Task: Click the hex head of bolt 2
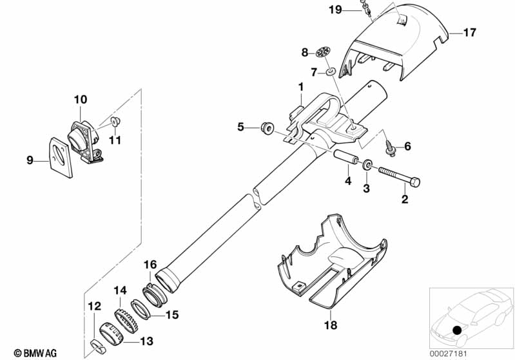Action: pyautogui.click(x=415, y=182)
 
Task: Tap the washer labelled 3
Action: pyautogui.click(x=367, y=164)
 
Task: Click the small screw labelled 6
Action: pyautogui.click(x=390, y=149)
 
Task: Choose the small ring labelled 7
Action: pyautogui.click(x=331, y=71)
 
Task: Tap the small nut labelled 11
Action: pyautogui.click(x=115, y=122)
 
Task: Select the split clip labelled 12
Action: pyautogui.click(x=97, y=348)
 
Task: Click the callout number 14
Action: pyautogui.click(x=121, y=290)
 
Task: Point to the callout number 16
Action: pyautogui.click(x=150, y=264)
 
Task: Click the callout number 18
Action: pyautogui.click(x=331, y=325)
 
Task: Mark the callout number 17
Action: pyautogui.click(x=469, y=32)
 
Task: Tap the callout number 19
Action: pyautogui.click(x=335, y=10)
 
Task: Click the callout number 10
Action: pyautogui.click(x=80, y=99)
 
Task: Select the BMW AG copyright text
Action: pyautogui.click(x=35, y=354)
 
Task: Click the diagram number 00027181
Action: pyautogui.click(x=449, y=354)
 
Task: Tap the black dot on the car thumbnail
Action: pyautogui.click(x=456, y=330)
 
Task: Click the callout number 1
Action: pyautogui.click(x=300, y=87)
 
